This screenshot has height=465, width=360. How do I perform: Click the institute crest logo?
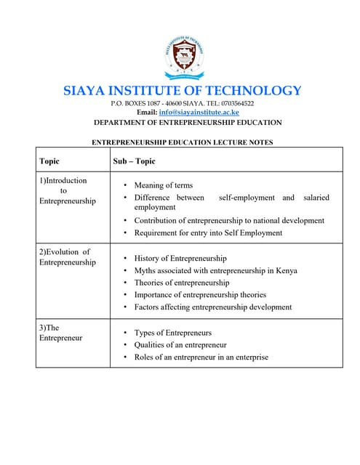pos(182,56)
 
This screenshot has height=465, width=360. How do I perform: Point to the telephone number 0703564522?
pos(234,104)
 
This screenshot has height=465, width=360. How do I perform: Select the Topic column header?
pos(49,161)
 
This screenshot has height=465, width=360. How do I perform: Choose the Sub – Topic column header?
pos(134,161)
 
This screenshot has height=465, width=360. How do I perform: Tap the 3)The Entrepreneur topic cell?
pos(60,332)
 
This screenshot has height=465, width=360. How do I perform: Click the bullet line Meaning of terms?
pos(163,185)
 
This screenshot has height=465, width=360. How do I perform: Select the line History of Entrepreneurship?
pos(180,258)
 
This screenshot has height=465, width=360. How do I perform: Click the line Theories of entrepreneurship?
pos(181,283)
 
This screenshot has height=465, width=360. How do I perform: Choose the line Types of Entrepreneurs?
pos(172,333)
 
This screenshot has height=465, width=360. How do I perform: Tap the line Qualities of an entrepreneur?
pos(180,345)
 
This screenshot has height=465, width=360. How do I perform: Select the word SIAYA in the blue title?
pos(85,91)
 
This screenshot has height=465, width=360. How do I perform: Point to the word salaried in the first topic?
pos(315,198)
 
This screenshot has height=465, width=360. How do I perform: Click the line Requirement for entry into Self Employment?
pos(208,233)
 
